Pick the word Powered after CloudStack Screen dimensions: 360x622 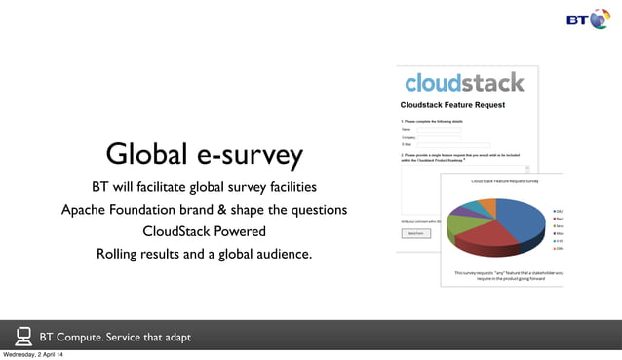click(240, 232)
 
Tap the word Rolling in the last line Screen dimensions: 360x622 click(121, 255)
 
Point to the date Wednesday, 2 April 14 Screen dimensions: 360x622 click(40, 354)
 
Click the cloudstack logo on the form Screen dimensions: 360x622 click(464, 82)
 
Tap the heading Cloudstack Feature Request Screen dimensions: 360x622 click(452, 104)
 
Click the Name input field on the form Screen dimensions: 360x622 click(439, 128)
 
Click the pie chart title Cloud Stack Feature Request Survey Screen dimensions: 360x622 click(504, 182)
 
